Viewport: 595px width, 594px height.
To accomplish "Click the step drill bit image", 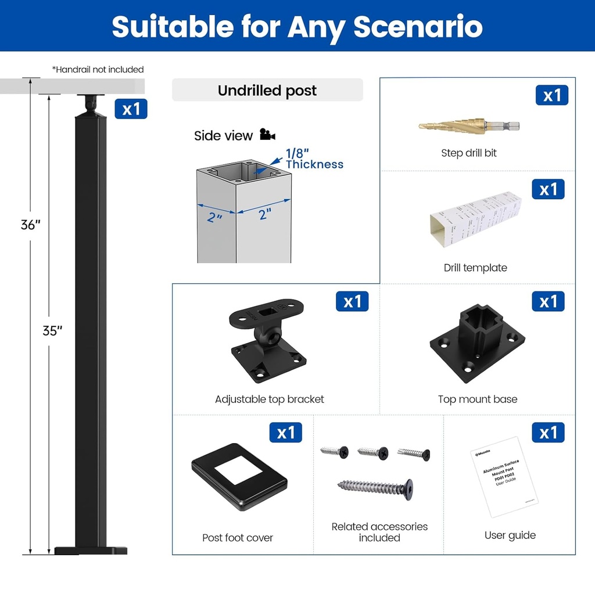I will point(468,125).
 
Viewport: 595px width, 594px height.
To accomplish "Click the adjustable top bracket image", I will point(268,341).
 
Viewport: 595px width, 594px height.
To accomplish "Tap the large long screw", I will point(376,486).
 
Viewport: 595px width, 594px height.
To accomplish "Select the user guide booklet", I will point(504,476).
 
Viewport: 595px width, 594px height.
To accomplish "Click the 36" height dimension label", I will point(30,225).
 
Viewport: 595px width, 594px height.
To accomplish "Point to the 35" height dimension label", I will point(52,331).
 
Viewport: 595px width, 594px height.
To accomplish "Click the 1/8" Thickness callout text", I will point(314,159).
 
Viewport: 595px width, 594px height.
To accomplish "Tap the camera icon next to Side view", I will point(267,135).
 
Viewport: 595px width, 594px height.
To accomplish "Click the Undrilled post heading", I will point(267,91).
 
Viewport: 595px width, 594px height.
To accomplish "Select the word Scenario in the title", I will point(418,26).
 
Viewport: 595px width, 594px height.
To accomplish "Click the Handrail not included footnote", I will point(98,70).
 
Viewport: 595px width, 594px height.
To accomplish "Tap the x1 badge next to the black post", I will point(131,109).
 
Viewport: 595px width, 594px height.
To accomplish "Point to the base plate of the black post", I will point(91,550).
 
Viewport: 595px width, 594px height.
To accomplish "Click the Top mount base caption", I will point(477,399).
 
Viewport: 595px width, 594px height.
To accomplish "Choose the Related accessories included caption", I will point(379,532).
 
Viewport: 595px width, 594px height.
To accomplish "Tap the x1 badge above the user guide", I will point(548,433).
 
